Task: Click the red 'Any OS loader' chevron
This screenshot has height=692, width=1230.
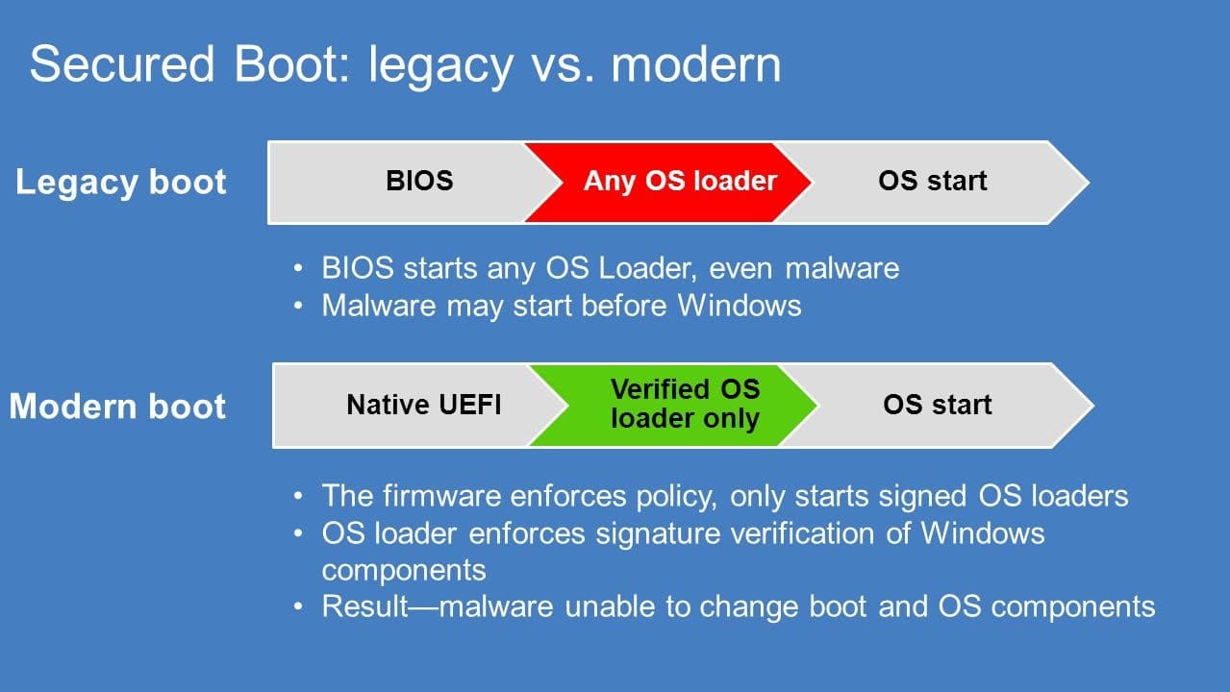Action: tap(679, 182)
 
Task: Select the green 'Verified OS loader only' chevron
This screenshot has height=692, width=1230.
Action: tap(685, 405)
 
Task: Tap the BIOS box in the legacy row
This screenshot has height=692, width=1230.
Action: tap(419, 182)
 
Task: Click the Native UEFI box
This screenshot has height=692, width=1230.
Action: tap(423, 405)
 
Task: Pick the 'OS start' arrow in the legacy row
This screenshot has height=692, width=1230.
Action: tap(932, 182)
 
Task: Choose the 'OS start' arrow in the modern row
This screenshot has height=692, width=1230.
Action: tap(937, 405)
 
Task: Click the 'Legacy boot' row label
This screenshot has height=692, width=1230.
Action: tap(121, 183)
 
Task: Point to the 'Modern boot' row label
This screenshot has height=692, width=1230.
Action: tap(117, 406)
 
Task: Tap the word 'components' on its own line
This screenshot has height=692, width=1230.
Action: tap(404, 570)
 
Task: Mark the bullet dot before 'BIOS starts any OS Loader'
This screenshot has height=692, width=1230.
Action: tap(302, 268)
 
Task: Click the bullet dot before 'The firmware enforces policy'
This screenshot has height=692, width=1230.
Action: tap(302, 496)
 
